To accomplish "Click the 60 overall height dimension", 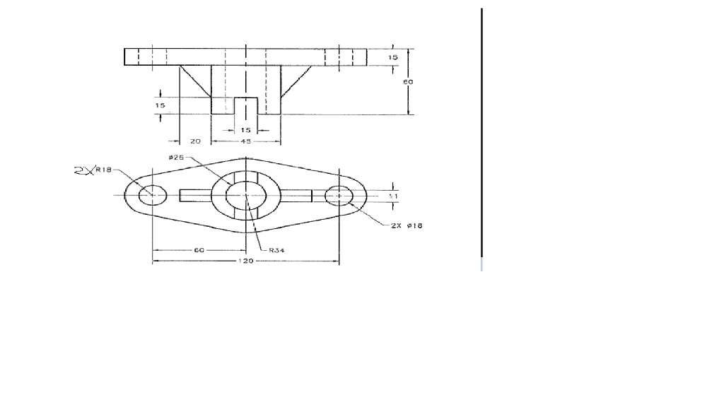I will click(408, 82).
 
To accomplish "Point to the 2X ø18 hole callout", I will click(407, 225).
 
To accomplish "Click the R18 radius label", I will click(103, 170).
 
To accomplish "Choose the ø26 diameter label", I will click(176, 157).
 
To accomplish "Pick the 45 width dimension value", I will click(245, 141).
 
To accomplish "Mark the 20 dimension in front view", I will click(196, 141).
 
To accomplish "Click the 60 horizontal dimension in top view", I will click(199, 250).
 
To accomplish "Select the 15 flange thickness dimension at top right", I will click(393, 57).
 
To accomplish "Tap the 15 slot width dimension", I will click(245, 130).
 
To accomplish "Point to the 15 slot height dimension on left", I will click(160, 105).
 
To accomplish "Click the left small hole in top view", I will click(152, 194).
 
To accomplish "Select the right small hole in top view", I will click(339, 194).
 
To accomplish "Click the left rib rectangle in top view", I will click(195, 195).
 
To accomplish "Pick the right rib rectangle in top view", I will click(296, 195).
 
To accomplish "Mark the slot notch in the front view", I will click(245, 105).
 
